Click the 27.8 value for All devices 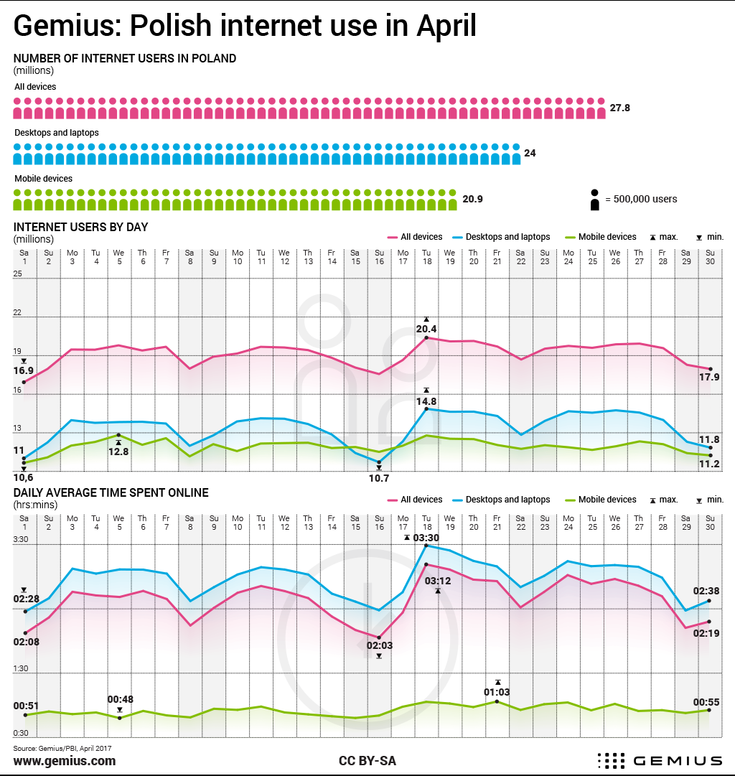[x=620, y=108]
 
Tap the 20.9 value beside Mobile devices [x=472, y=200]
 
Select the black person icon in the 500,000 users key [x=594, y=200]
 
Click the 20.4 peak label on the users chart [x=426, y=329]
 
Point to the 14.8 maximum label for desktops [x=426, y=401]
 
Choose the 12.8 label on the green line [x=118, y=452]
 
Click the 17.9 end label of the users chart [x=709, y=378]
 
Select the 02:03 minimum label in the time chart [x=380, y=645]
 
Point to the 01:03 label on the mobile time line [x=497, y=692]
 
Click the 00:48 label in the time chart [x=121, y=699]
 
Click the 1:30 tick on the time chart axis [x=20, y=668]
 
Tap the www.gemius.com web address [x=65, y=761]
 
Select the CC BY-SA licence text [x=367, y=761]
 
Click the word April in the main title [x=445, y=27]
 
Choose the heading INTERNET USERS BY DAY [x=80, y=227]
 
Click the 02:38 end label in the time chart [x=706, y=591]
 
